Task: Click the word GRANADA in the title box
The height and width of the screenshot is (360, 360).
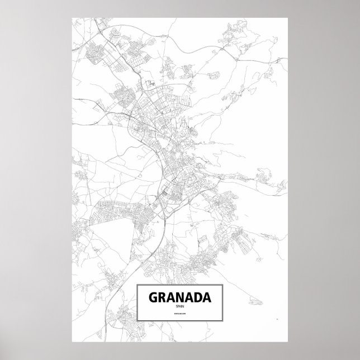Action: (179, 297)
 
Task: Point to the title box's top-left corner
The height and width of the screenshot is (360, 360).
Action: (138, 285)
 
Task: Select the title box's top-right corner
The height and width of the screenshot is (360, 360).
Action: (223, 285)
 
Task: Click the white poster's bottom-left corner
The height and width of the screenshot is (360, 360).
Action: (72, 342)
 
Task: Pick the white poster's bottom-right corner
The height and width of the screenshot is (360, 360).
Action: (288, 342)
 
